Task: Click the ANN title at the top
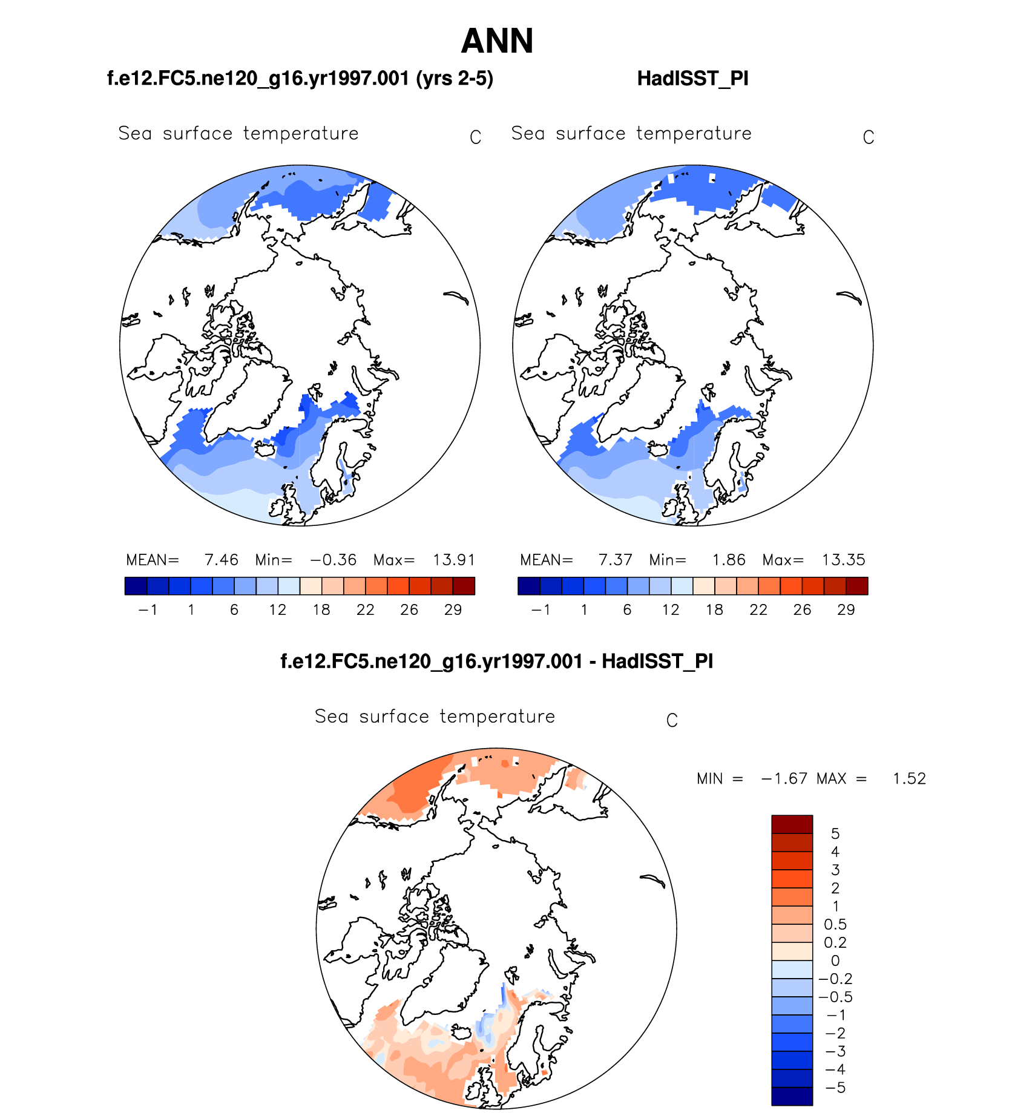tap(497, 41)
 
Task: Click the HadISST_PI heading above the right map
tap(692, 79)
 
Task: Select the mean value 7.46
tap(221, 560)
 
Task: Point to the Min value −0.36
tap(333, 560)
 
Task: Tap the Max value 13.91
tap(454, 560)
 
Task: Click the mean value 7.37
tap(615, 560)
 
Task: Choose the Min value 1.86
tap(728, 560)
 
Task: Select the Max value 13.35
tap(843, 560)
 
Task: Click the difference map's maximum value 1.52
tap(909, 779)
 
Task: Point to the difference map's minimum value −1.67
tap(784, 779)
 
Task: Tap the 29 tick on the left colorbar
tap(453, 610)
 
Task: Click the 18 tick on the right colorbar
tap(714, 610)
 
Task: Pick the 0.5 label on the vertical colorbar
tap(835, 925)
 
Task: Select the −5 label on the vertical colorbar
tap(835, 1088)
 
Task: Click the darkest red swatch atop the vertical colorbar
tap(792, 824)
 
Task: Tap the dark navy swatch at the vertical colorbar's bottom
tap(792, 1096)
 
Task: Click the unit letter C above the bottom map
tap(671, 721)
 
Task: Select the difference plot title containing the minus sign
tap(496, 662)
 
